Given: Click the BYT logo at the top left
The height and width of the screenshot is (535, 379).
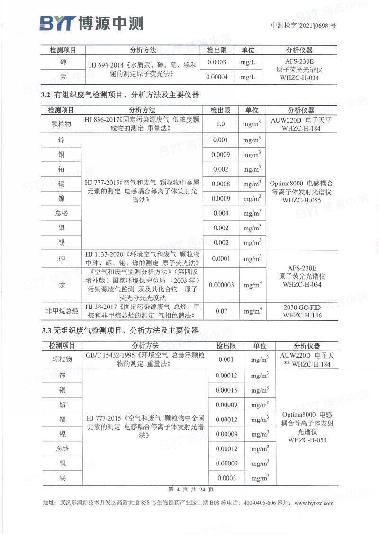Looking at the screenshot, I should [90, 22].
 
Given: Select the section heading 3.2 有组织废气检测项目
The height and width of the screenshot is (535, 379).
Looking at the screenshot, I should [119, 95].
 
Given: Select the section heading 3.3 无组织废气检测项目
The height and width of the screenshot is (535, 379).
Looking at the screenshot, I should [119, 330].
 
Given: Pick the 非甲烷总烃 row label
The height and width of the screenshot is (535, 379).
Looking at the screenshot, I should [62, 311].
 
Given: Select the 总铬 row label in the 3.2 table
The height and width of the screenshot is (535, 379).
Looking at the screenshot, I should [62, 213].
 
